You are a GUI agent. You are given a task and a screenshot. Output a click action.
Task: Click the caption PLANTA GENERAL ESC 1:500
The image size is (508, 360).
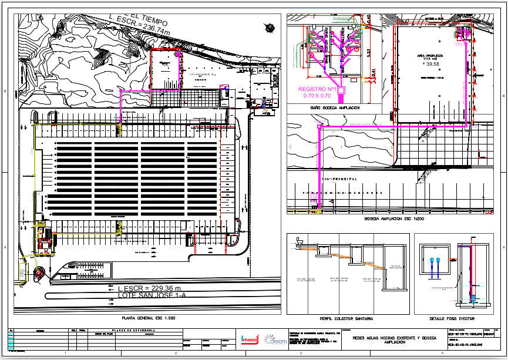click(148, 318)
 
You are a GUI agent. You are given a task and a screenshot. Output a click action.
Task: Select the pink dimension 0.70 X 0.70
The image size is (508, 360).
click(318, 95)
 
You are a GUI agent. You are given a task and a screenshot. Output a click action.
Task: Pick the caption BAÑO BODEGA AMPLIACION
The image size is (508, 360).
click(335, 108)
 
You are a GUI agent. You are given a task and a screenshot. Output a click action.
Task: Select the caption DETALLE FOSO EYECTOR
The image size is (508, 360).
click(452, 318)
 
